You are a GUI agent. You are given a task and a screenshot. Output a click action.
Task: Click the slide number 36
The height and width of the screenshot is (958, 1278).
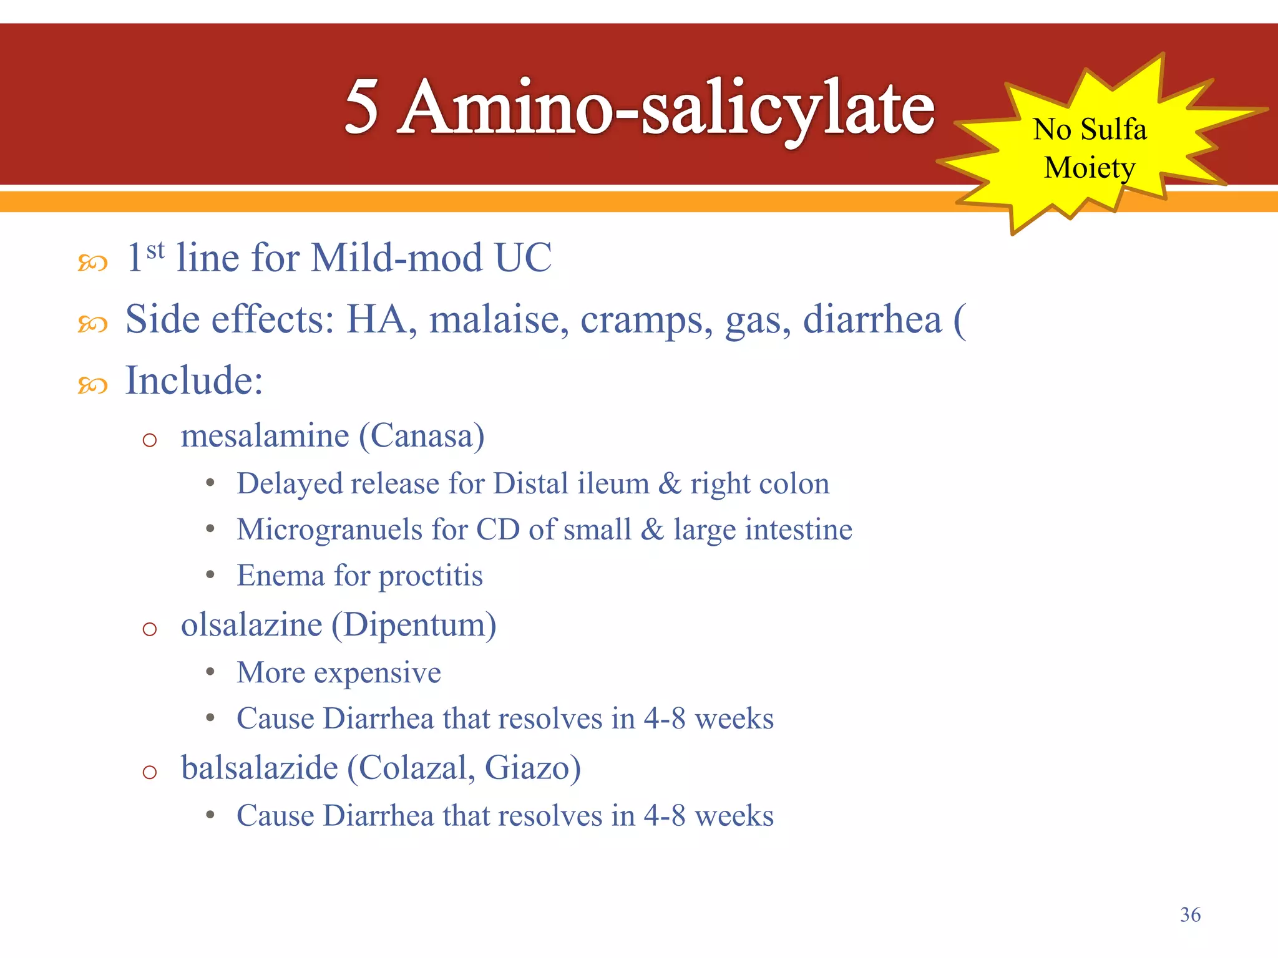(1190, 914)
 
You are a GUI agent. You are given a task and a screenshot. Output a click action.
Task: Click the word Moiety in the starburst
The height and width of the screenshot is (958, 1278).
(1090, 168)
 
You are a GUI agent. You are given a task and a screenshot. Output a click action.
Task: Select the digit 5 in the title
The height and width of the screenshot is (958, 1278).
(362, 107)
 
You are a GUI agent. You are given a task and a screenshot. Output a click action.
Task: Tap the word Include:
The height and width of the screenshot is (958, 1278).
(194, 380)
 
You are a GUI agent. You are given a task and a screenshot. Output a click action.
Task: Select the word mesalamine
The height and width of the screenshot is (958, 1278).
(265, 435)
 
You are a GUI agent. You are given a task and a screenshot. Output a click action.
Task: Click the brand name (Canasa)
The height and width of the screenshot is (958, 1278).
(422, 435)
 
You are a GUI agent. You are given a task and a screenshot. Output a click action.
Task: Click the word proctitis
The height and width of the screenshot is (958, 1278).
(431, 576)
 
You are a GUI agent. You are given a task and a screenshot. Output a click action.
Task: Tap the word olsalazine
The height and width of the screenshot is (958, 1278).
(251, 624)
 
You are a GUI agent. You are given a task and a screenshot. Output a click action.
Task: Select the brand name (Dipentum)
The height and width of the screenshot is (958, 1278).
(414, 624)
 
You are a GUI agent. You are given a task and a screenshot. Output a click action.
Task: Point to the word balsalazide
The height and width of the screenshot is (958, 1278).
(260, 767)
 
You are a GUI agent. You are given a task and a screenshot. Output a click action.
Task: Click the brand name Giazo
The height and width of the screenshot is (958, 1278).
(532, 767)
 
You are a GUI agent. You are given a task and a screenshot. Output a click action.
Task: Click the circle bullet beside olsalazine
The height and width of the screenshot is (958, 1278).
(149, 629)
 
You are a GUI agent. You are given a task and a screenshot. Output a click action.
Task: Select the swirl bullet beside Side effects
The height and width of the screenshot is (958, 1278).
(92, 324)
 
